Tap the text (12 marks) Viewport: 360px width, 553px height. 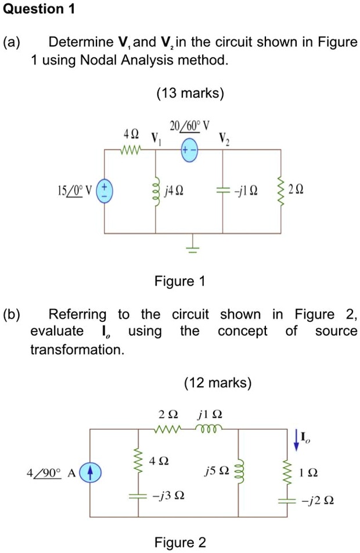pyautogui.click(x=218, y=383)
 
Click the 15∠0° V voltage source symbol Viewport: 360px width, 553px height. pyautogui.click(x=105, y=191)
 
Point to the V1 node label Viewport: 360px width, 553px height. pyautogui.click(x=154, y=139)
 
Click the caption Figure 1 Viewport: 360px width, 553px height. pyautogui.click(x=179, y=282)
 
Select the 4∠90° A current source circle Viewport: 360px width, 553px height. pyautogui.click(x=90, y=472)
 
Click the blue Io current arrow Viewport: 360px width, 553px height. pyautogui.click(x=297, y=440)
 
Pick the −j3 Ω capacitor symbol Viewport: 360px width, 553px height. pyautogui.click(x=138, y=497)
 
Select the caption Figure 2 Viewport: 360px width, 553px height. pyautogui.click(x=179, y=543)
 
